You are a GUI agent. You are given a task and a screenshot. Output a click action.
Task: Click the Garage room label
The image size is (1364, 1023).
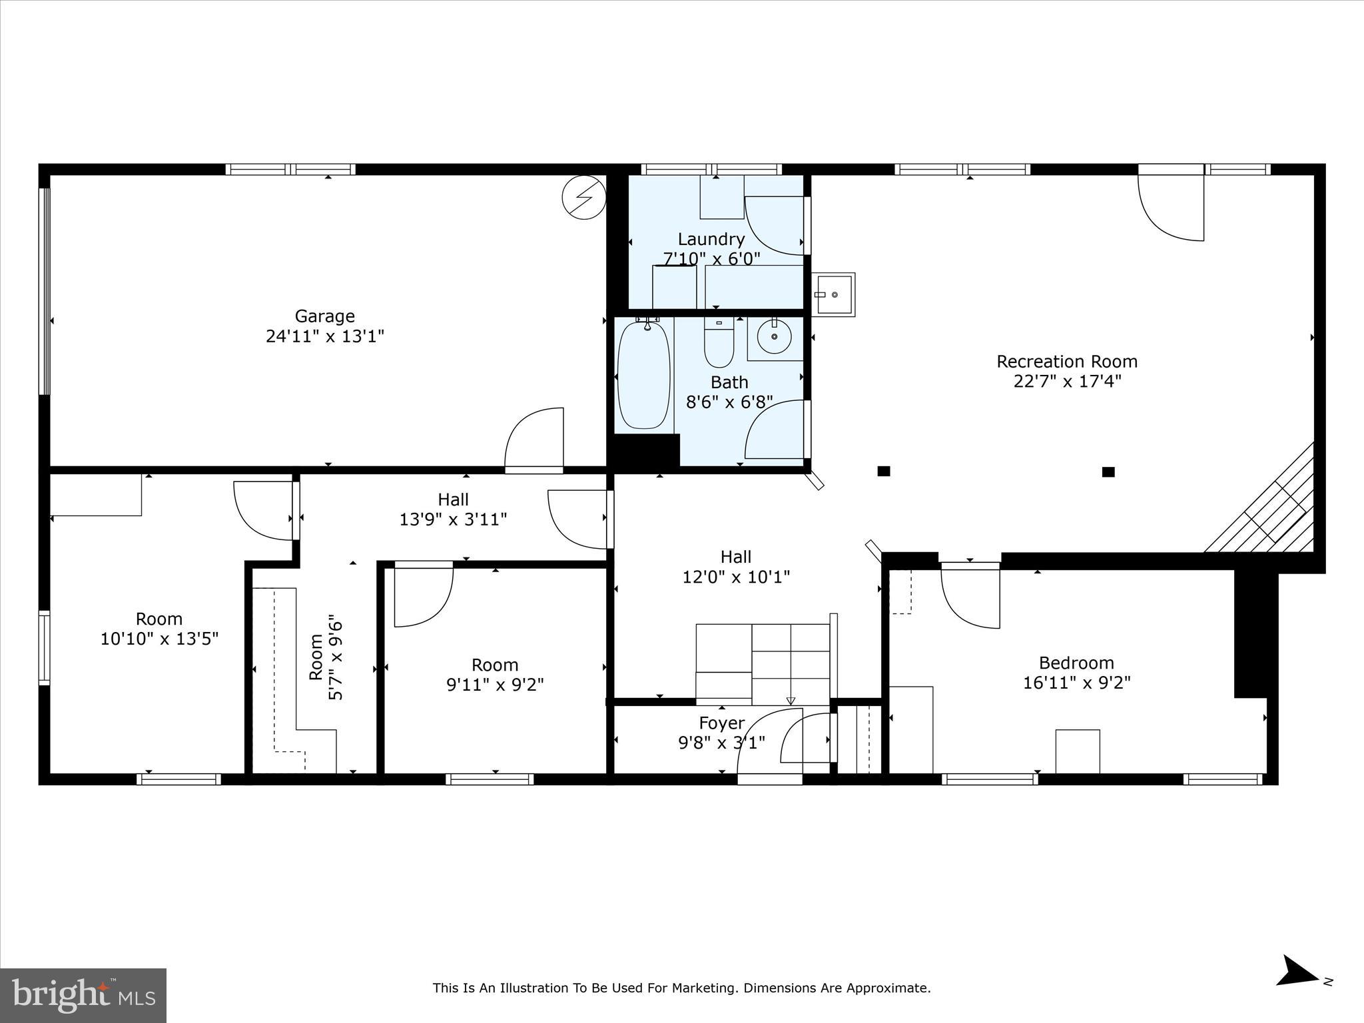[x=324, y=316]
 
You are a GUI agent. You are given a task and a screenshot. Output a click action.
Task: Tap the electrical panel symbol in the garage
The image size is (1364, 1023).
[x=583, y=197]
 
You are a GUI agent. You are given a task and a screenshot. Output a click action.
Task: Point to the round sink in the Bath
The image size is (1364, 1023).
[x=775, y=338]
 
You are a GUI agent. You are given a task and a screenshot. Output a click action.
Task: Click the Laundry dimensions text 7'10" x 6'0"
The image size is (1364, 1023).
[x=711, y=258]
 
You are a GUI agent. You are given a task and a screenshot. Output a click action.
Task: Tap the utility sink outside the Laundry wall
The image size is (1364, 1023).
[x=834, y=294]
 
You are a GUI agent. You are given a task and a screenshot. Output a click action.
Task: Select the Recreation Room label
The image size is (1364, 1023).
[x=1066, y=362]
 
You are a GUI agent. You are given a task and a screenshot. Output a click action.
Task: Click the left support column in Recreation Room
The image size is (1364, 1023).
[x=884, y=472]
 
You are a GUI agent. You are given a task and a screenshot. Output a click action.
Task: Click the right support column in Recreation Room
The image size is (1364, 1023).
[x=1108, y=472]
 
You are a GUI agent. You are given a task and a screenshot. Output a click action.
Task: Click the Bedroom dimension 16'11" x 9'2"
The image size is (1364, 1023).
[x=1076, y=683]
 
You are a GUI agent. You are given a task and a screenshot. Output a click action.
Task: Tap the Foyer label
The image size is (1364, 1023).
[x=721, y=723]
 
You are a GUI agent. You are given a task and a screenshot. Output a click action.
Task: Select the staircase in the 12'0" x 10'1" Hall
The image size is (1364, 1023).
[x=763, y=663]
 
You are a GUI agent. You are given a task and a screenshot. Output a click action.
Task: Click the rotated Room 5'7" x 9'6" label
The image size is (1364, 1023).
[x=326, y=657]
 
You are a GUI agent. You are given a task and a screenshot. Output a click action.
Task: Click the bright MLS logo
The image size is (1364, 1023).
[x=83, y=995]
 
